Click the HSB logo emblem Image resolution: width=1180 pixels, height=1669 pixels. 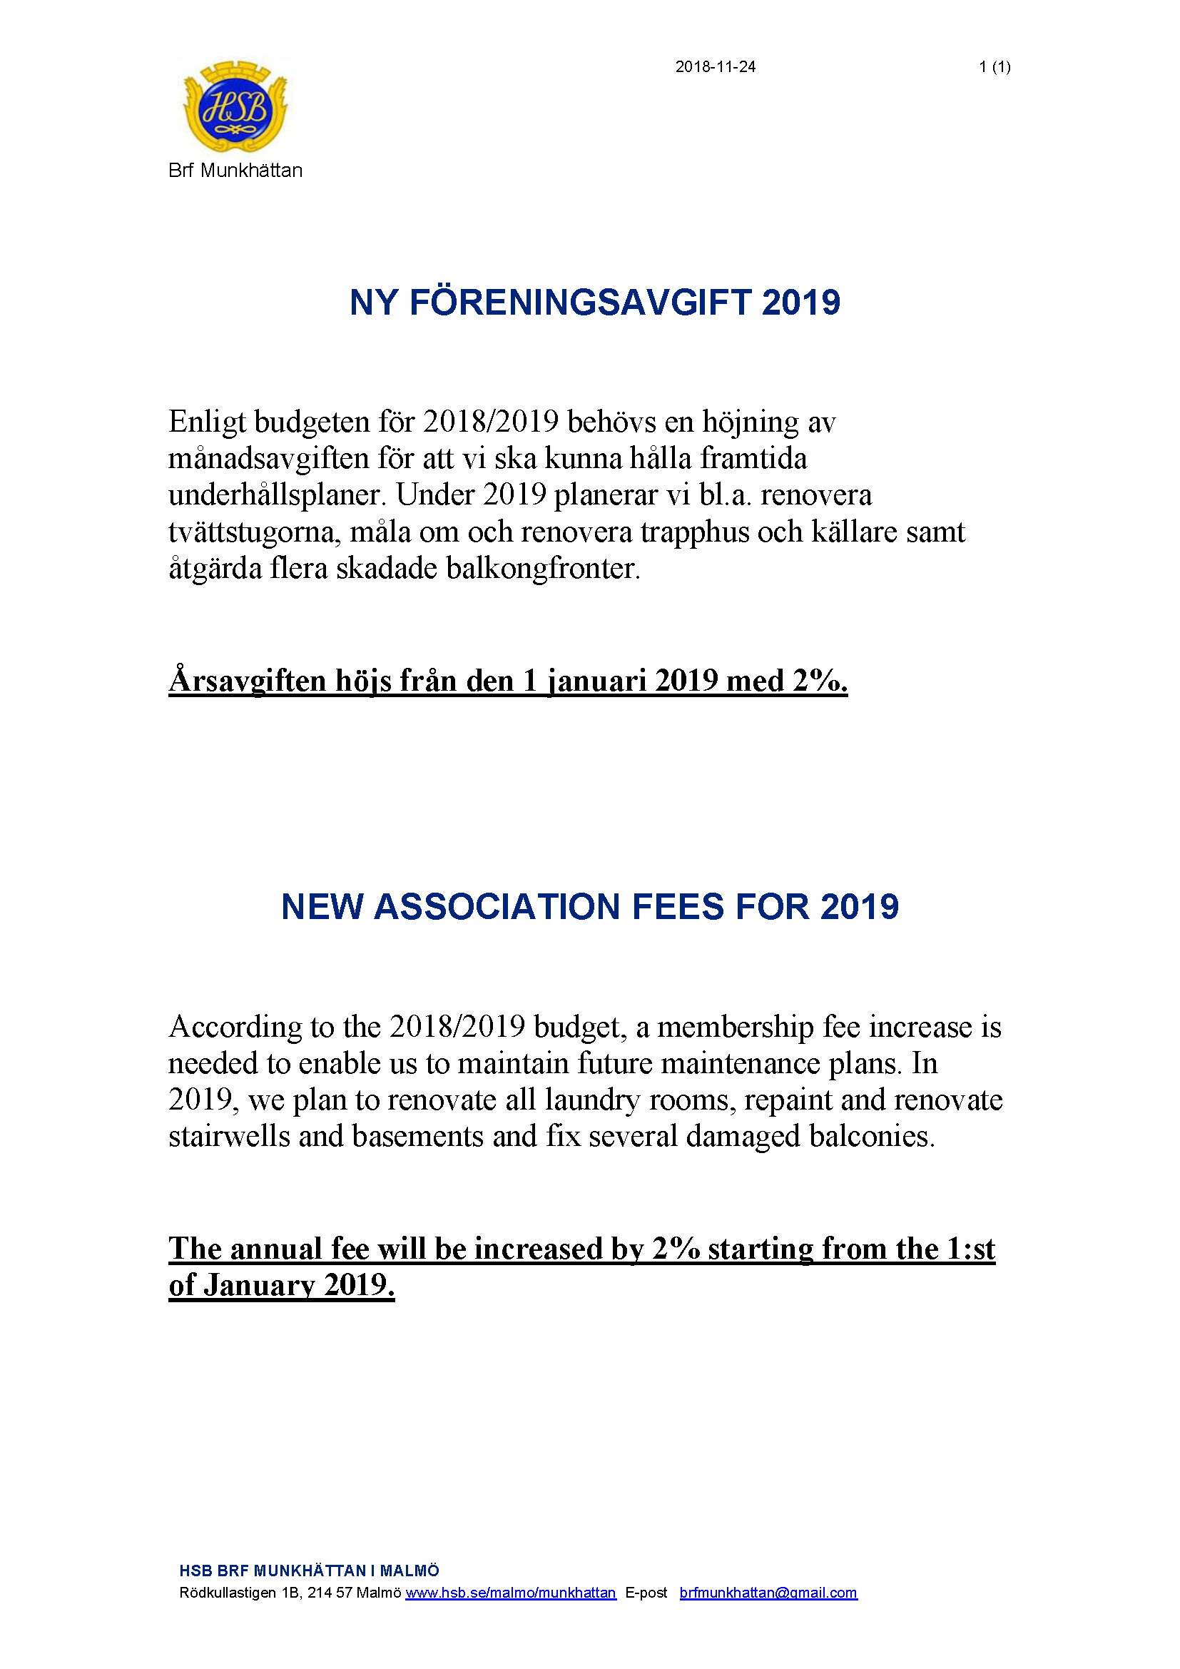click(x=235, y=107)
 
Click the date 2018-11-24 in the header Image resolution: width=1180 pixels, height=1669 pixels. click(x=715, y=67)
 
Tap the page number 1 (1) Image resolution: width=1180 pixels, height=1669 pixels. click(x=994, y=67)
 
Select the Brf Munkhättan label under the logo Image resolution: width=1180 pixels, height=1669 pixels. click(x=235, y=170)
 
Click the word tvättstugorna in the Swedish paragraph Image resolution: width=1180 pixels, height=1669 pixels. click(x=253, y=532)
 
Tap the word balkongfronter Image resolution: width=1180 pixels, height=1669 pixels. click(x=543, y=569)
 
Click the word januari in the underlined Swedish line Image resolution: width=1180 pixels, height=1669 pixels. click(x=596, y=681)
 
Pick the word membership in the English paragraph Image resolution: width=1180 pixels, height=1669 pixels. click(x=736, y=1027)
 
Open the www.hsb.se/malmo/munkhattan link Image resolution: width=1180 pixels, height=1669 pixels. click(x=510, y=1593)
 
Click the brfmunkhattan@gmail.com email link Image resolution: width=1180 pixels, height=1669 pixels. click(x=768, y=1593)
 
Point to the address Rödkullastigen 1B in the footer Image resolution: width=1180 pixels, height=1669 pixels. click(x=239, y=1593)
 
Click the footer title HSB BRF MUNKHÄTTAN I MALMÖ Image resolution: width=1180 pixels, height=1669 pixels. click(x=309, y=1571)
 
